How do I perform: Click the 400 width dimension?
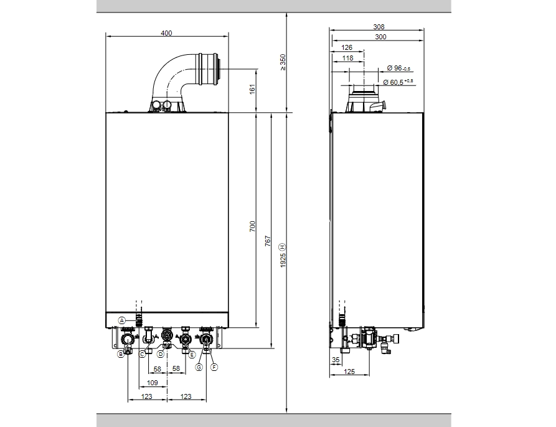pyautogui.click(x=166, y=33)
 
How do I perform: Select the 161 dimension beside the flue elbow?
pyautogui.click(x=252, y=90)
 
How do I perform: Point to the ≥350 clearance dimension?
pyautogui.click(x=282, y=62)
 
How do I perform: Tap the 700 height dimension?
pyautogui.click(x=252, y=227)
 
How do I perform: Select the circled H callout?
pyautogui.click(x=282, y=246)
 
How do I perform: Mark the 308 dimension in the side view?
pyautogui.click(x=379, y=27)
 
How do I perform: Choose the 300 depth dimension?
pyautogui.click(x=380, y=37)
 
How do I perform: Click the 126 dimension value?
pyautogui.click(x=347, y=47)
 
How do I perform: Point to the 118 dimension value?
pyautogui.click(x=347, y=58)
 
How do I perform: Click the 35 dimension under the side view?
pyautogui.click(x=336, y=360)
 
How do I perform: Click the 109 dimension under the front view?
pyautogui.click(x=152, y=382)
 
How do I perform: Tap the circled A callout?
pyautogui.click(x=123, y=320)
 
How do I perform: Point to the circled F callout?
pyautogui.click(x=214, y=368)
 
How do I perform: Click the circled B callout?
pyautogui.click(x=121, y=354)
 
